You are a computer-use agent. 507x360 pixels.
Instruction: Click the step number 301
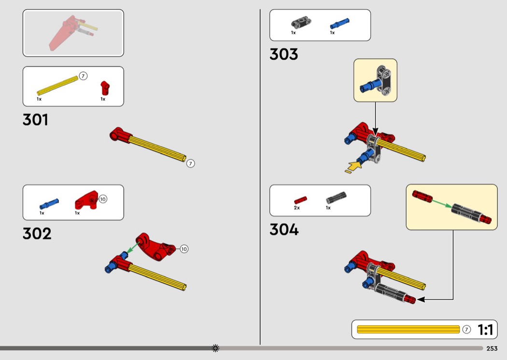click(35, 120)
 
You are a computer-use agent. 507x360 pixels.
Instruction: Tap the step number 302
click(37, 234)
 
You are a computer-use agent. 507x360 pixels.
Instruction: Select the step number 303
click(283, 54)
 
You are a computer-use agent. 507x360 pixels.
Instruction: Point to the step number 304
click(284, 229)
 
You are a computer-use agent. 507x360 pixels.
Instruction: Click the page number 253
click(492, 348)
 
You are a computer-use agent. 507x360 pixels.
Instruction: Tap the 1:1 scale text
click(485, 330)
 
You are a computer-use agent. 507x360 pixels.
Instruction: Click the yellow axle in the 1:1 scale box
click(408, 330)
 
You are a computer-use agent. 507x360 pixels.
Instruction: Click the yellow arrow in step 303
click(354, 167)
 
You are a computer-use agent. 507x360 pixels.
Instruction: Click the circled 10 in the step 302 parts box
click(103, 198)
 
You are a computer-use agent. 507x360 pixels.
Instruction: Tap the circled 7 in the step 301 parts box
click(83, 76)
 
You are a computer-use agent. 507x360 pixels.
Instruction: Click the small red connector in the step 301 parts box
click(105, 88)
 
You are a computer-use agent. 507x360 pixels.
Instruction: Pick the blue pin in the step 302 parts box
click(49, 202)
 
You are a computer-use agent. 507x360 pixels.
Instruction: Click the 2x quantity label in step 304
click(297, 208)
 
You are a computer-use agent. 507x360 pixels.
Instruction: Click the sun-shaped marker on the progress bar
click(215, 348)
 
